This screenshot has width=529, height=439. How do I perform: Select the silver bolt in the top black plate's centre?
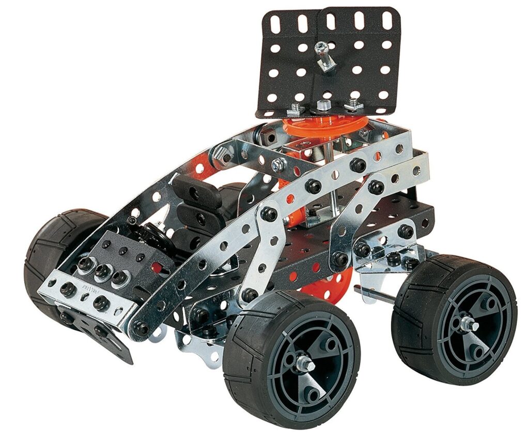coord(321,49)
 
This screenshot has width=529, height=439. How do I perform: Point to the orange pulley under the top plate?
coord(325,127)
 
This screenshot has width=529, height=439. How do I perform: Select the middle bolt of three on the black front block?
coord(103,270)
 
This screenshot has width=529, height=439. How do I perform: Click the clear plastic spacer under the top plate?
coord(324,105)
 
